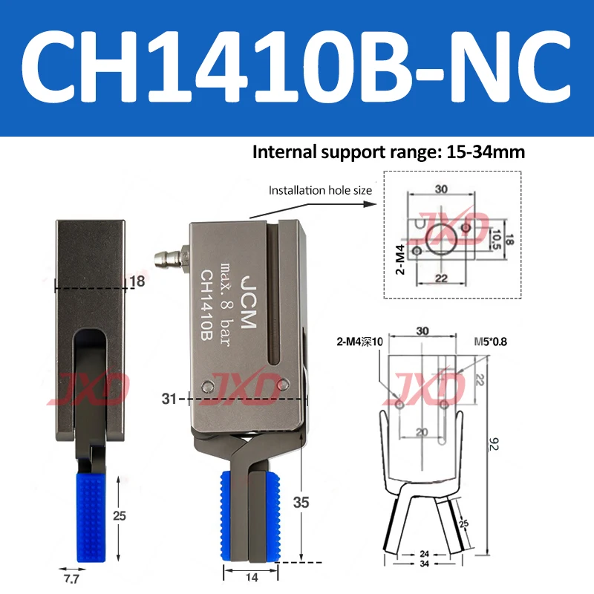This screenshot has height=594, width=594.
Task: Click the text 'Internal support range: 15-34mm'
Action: click(x=389, y=153)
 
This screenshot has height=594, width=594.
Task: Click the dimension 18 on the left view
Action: click(x=137, y=281)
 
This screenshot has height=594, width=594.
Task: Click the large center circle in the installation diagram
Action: click(x=443, y=238)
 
